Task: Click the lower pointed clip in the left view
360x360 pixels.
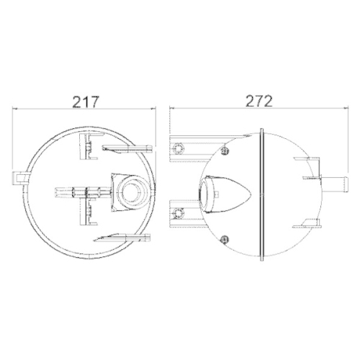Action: tap(122, 237)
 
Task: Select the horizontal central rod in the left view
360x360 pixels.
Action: tap(79, 192)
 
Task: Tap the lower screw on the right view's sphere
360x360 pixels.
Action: tap(228, 239)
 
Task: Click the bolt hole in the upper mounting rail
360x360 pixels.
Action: tap(178, 149)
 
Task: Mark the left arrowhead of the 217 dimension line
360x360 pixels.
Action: tap(17, 109)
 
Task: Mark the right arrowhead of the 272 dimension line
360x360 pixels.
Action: tap(346, 109)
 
